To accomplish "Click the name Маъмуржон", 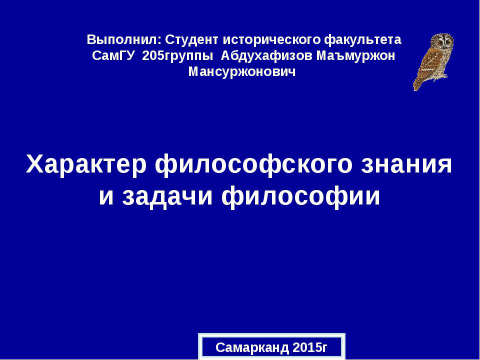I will click(x=356, y=55).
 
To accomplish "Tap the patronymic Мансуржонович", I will click(x=242, y=72).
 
